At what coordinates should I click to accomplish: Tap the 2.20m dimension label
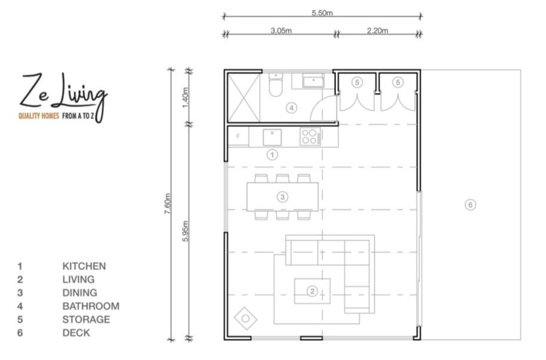pyautogui.click(x=377, y=30)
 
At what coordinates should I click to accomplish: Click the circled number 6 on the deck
pyautogui.click(x=470, y=205)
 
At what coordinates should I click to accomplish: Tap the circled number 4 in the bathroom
pyautogui.click(x=291, y=108)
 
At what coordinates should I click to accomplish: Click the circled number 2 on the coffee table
pyautogui.click(x=311, y=291)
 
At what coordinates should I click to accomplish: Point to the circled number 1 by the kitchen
pyautogui.click(x=272, y=155)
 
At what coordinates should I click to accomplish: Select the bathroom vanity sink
pyautogui.click(x=313, y=81)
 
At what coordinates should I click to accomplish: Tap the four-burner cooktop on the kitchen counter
pyautogui.click(x=310, y=137)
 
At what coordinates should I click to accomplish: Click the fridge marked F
pyautogui.click(x=239, y=137)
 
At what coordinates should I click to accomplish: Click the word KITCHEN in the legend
pyautogui.click(x=84, y=266)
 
